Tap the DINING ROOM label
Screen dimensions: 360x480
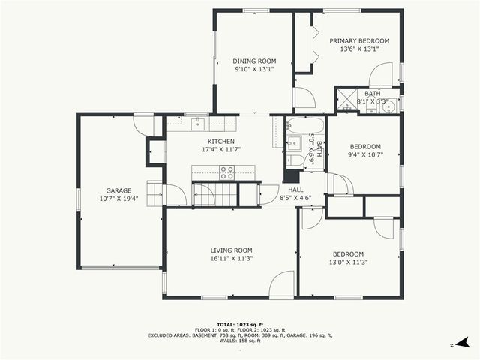coord(254,61)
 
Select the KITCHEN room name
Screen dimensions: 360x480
coord(221,141)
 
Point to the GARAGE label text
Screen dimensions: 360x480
coord(118,190)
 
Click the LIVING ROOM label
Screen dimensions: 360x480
coord(231,250)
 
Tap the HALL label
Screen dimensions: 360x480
coord(295,190)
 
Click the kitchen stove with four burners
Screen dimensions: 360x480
coord(226,172)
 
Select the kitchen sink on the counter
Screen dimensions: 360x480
coord(199,123)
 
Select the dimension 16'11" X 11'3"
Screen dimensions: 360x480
coord(231,259)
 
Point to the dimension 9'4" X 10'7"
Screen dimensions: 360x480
coord(366,155)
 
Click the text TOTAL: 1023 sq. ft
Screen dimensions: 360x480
coord(239,325)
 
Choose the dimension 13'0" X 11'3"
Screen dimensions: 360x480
coord(348,262)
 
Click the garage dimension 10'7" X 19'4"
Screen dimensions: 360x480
coord(118,199)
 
